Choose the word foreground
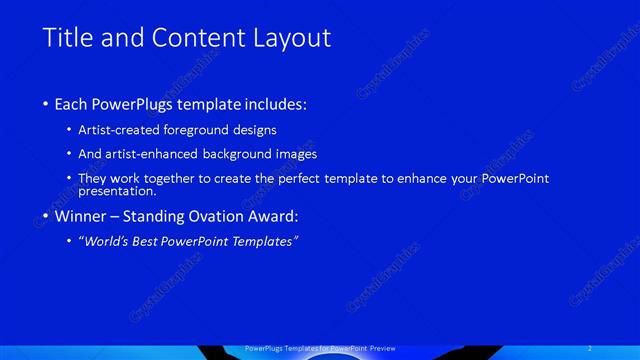coord(209,130)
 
